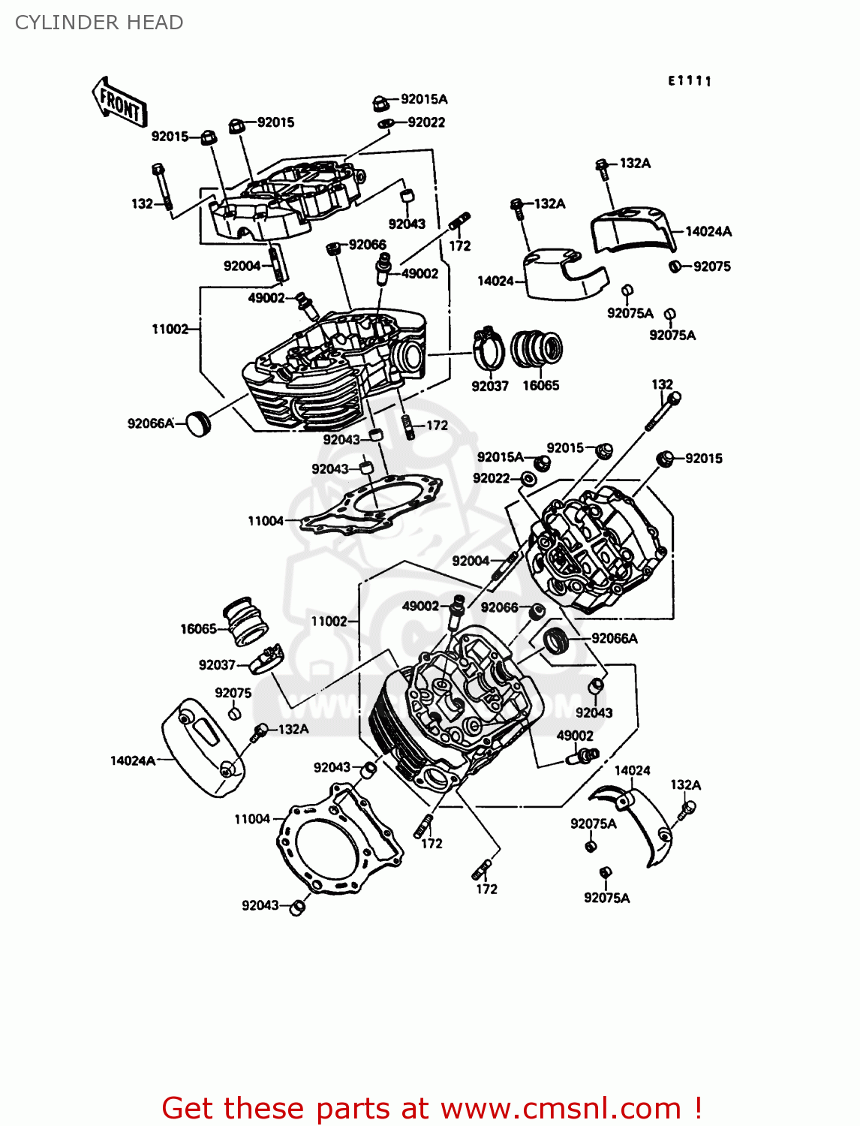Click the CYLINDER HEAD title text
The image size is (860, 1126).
click(x=99, y=23)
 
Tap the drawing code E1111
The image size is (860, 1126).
click(x=690, y=81)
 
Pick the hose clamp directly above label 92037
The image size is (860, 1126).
click(x=489, y=349)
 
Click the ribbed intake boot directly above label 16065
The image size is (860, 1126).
click(x=537, y=350)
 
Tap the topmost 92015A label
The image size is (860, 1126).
click(x=424, y=99)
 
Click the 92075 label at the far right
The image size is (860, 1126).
click(x=711, y=266)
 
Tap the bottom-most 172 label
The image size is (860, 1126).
click(x=486, y=889)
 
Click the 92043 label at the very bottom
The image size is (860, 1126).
click(x=260, y=905)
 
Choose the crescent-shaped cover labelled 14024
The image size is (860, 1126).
click(x=634, y=822)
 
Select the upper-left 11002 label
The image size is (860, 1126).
click(x=170, y=329)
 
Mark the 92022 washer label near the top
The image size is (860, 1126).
click(x=426, y=122)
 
